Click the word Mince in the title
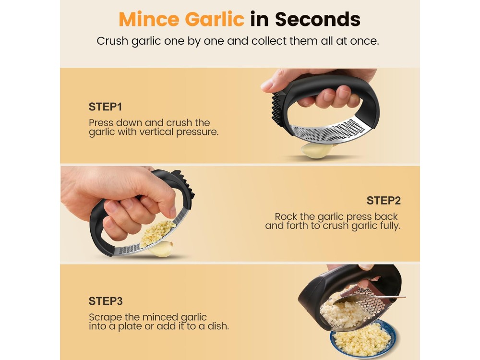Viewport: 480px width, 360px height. [149, 19]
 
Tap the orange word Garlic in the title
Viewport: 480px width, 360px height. [215, 19]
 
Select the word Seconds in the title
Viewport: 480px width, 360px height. [318, 19]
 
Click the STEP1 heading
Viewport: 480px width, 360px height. [105, 107]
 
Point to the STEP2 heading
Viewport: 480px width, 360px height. [384, 201]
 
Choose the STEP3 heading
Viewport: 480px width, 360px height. [106, 301]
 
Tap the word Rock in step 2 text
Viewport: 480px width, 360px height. [286, 216]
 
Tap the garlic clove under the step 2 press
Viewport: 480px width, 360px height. [161, 249]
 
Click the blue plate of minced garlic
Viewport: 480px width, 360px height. [363, 339]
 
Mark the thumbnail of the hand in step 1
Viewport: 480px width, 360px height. [267, 86]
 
